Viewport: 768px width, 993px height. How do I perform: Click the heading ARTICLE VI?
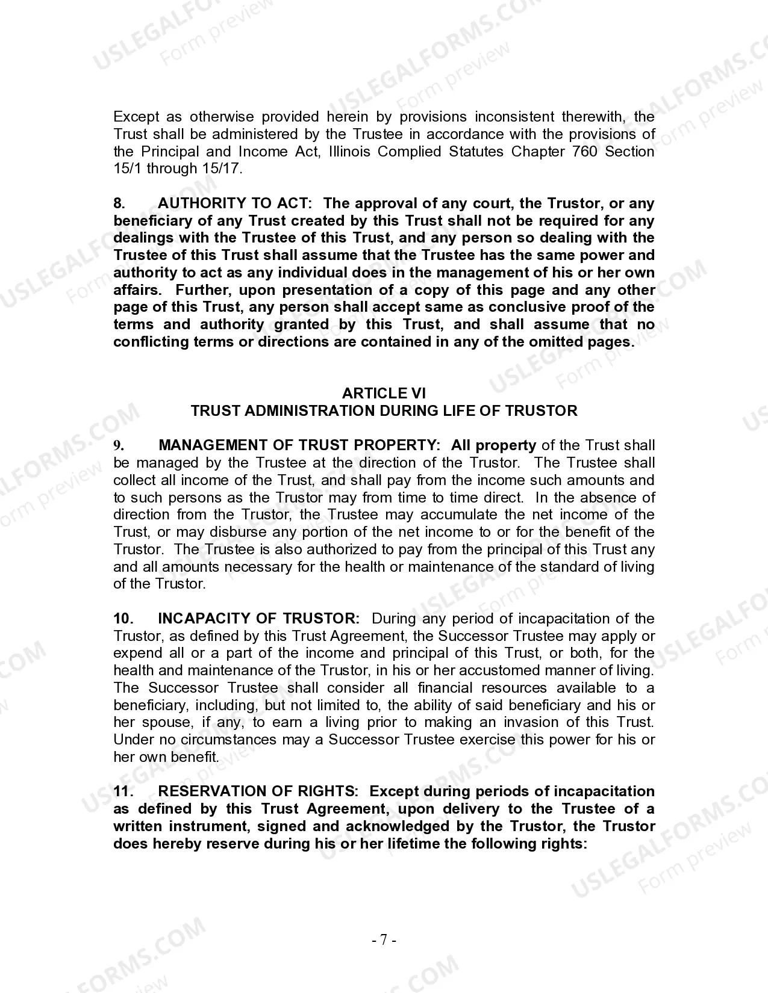coord(384,394)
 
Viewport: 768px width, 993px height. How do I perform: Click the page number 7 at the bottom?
coord(384,939)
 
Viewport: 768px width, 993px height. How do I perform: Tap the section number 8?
coord(119,203)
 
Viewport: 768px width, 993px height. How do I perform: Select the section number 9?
coord(119,446)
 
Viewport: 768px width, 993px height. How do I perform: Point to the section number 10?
coord(123,619)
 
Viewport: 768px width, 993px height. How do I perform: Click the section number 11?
coord(123,791)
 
